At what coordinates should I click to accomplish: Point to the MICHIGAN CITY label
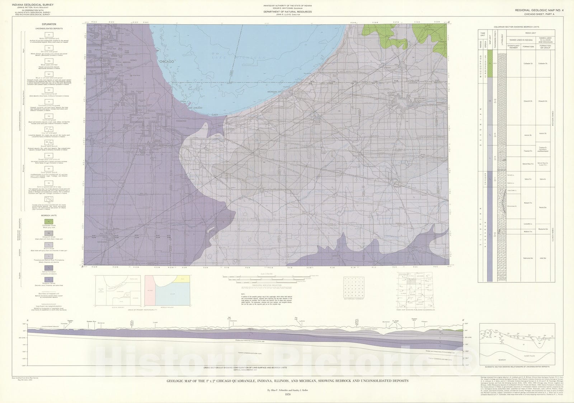pos(276,92)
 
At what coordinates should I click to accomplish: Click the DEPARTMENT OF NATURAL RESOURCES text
pos(286,12)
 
